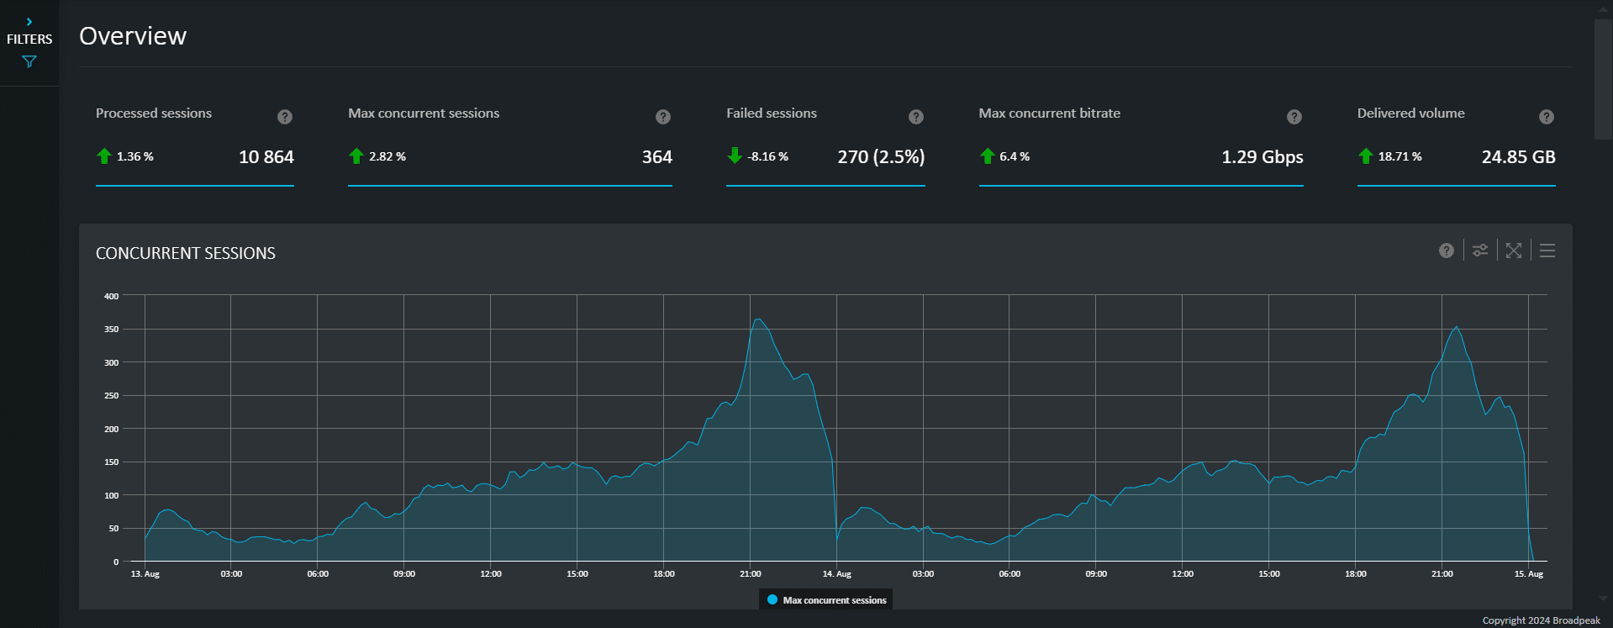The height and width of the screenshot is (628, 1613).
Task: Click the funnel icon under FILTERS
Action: click(x=29, y=61)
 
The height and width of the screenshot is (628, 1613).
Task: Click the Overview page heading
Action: click(x=133, y=36)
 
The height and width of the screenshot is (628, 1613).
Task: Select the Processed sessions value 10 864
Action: click(x=266, y=157)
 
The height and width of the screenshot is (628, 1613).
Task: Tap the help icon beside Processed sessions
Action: click(x=285, y=117)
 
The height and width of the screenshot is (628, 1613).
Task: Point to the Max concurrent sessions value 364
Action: click(x=656, y=157)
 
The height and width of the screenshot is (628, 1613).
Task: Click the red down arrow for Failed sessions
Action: click(x=735, y=156)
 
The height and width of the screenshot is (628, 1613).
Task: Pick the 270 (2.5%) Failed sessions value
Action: click(x=880, y=157)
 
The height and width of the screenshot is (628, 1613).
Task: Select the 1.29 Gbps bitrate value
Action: click(x=1262, y=157)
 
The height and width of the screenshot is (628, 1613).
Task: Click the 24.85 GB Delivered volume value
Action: click(x=1518, y=157)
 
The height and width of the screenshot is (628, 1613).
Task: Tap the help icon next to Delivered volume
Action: click(x=1546, y=117)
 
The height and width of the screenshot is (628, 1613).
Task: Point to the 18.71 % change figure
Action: click(x=1400, y=156)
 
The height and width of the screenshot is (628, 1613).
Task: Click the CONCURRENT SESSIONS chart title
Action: click(x=186, y=253)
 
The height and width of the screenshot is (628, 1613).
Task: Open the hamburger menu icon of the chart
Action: click(x=1547, y=251)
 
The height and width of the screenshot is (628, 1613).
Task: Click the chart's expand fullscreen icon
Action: click(x=1513, y=251)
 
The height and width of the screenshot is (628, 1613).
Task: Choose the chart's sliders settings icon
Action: click(x=1479, y=251)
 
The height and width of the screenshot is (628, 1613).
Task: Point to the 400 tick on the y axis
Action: click(x=111, y=296)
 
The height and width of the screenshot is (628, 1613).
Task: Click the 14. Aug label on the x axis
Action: click(x=836, y=574)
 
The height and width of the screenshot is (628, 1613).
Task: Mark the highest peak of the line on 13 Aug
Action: click(x=758, y=319)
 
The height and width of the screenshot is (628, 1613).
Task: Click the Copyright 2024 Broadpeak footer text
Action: click(x=1541, y=620)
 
